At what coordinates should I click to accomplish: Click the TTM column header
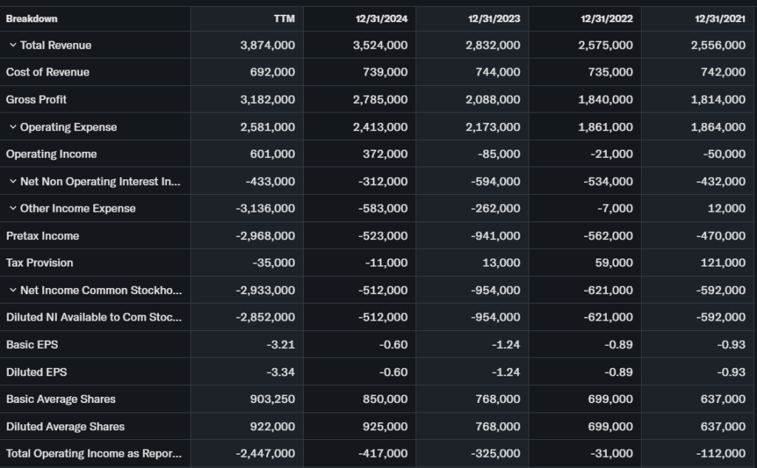284,19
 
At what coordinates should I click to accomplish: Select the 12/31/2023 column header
494,19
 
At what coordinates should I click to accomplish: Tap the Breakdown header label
32,19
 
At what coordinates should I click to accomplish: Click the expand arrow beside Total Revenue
13,45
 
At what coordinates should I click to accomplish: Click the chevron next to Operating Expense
13,127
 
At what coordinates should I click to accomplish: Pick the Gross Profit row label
36,99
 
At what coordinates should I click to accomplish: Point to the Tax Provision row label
39,263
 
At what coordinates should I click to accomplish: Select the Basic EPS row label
32,344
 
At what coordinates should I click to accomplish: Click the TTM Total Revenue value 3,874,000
268,45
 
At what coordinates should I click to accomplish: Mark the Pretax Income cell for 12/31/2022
608,236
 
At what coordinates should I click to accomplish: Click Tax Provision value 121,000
724,263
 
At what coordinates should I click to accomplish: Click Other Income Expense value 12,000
727,209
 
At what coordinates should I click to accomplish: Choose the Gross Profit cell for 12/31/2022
605,99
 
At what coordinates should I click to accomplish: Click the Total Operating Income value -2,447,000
265,453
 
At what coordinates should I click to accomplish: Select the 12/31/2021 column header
720,19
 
